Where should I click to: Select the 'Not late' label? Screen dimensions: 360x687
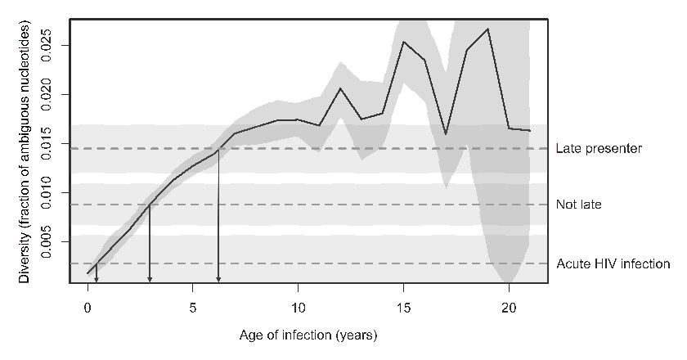pyautogui.click(x=578, y=205)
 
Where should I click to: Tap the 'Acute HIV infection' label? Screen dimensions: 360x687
pyautogui.click(x=613, y=263)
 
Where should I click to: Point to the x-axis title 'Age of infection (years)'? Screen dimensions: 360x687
pyautogui.click(x=308, y=335)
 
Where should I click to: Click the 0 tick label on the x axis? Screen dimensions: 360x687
pyautogui.click(x=88, y=308)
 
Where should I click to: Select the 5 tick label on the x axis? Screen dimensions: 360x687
pyautogui.click(x=192, y=308)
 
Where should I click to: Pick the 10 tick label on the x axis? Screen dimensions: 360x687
pyautogui.click(x=298, y=308)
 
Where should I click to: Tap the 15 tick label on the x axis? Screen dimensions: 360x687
pyautogui.click(x=403, y=308)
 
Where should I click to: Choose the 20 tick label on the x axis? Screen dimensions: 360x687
pyautogui.click(x=508, y=308)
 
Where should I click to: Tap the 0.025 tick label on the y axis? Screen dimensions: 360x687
pyautogui.click(x=53, y=44)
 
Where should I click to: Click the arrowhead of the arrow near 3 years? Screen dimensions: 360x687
pyautogui.click(x=150, y=280)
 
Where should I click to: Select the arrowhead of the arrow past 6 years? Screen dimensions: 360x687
pyautogui.click(x=218, y=280)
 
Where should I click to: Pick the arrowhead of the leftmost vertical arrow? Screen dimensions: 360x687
pyautogui.click(x=97, y=280)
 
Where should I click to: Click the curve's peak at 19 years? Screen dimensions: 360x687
pyautogui.click(x=487, y=29)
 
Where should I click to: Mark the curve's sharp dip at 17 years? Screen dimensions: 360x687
pyautogui.click(x=446, y=133)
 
